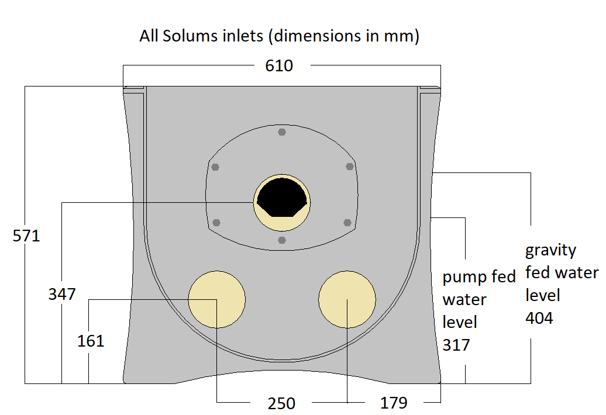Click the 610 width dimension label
[279, 66]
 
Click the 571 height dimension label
[26, 236]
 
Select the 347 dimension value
[62, 294]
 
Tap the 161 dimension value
[91, 341]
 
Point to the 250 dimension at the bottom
[281, 403]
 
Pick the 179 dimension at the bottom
[393, 403]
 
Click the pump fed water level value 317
[456, 345]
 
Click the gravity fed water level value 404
[539, 318]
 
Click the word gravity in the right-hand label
[550, 251]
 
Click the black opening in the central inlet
[282, 198]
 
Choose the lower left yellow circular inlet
[216, 300]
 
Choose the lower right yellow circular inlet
[347, 300]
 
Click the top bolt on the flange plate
[282, 132]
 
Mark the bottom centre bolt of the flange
[282, 240]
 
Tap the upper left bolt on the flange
[215, 167]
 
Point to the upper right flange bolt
[350, 167]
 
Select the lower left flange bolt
[217, 222]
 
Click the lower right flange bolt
[347, 222]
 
